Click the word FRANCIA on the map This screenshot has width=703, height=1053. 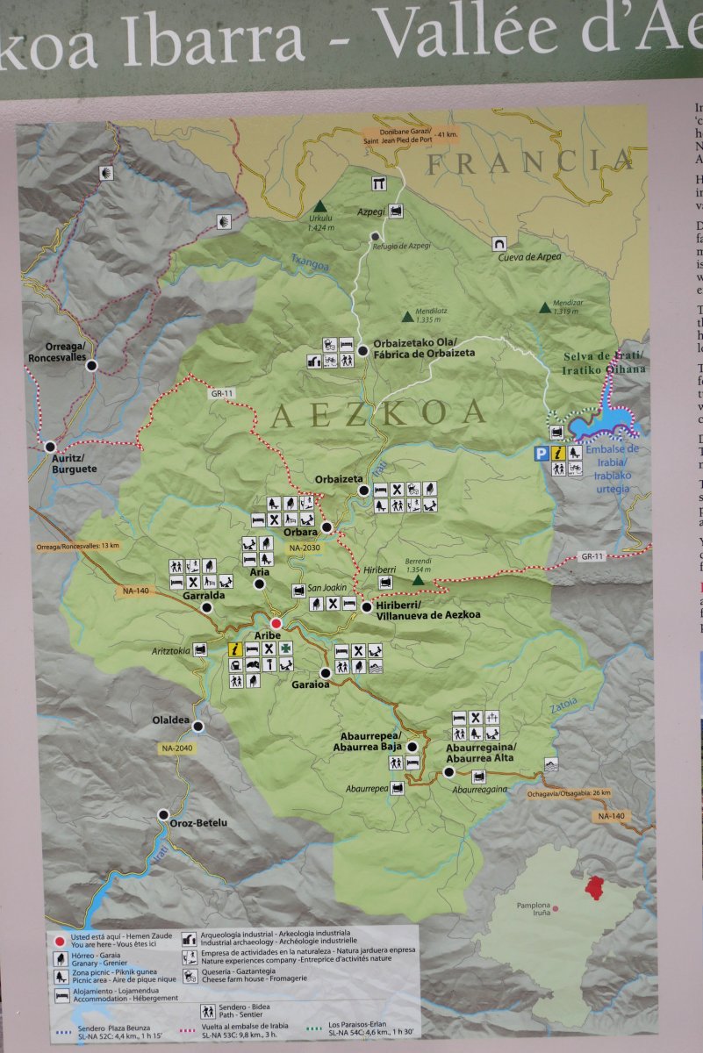[x=529, y=161]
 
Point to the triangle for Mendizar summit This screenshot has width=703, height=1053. [x=545, y=307]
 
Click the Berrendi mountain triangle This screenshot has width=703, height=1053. [x=419, y=580]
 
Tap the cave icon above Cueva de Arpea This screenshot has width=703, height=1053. [x=499, y=242]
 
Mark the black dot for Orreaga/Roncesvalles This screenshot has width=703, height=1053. [x=90, y=365]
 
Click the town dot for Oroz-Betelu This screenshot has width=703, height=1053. [x=163, y=814]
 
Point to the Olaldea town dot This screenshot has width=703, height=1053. [x=198, y=726]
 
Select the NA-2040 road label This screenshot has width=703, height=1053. [x=176, y=749]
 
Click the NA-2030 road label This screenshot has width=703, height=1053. [x=302, y=548]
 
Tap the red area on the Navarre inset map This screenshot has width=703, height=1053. [x=596, y=887]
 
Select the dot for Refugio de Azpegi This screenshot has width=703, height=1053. [x=375, y=236]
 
